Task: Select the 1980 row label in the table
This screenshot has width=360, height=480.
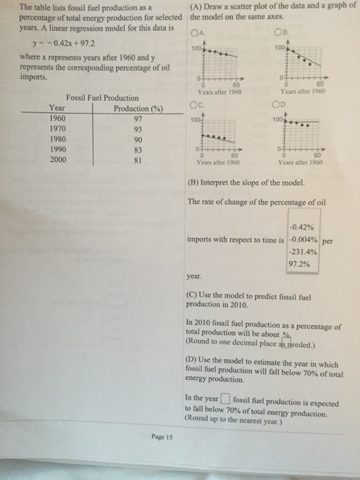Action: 60,140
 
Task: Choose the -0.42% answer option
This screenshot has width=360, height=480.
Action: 302,228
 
